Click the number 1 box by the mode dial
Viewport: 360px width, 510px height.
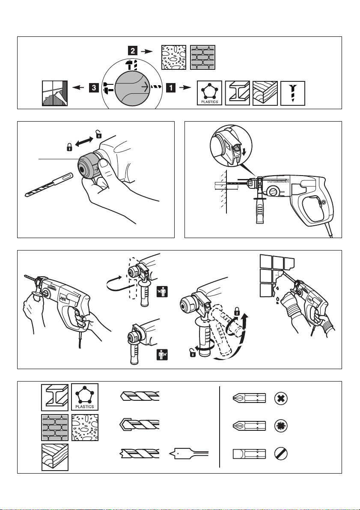coord(170,89)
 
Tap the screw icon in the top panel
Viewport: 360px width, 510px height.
coord(293,93)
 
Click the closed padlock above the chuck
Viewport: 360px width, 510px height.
coord(69,148)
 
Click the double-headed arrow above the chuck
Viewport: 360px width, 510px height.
coord(83,141)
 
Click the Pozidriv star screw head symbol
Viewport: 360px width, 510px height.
coord(281,426)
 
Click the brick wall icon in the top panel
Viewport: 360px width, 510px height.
coord(202,57)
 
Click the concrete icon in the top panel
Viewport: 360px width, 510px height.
coord(173,57)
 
